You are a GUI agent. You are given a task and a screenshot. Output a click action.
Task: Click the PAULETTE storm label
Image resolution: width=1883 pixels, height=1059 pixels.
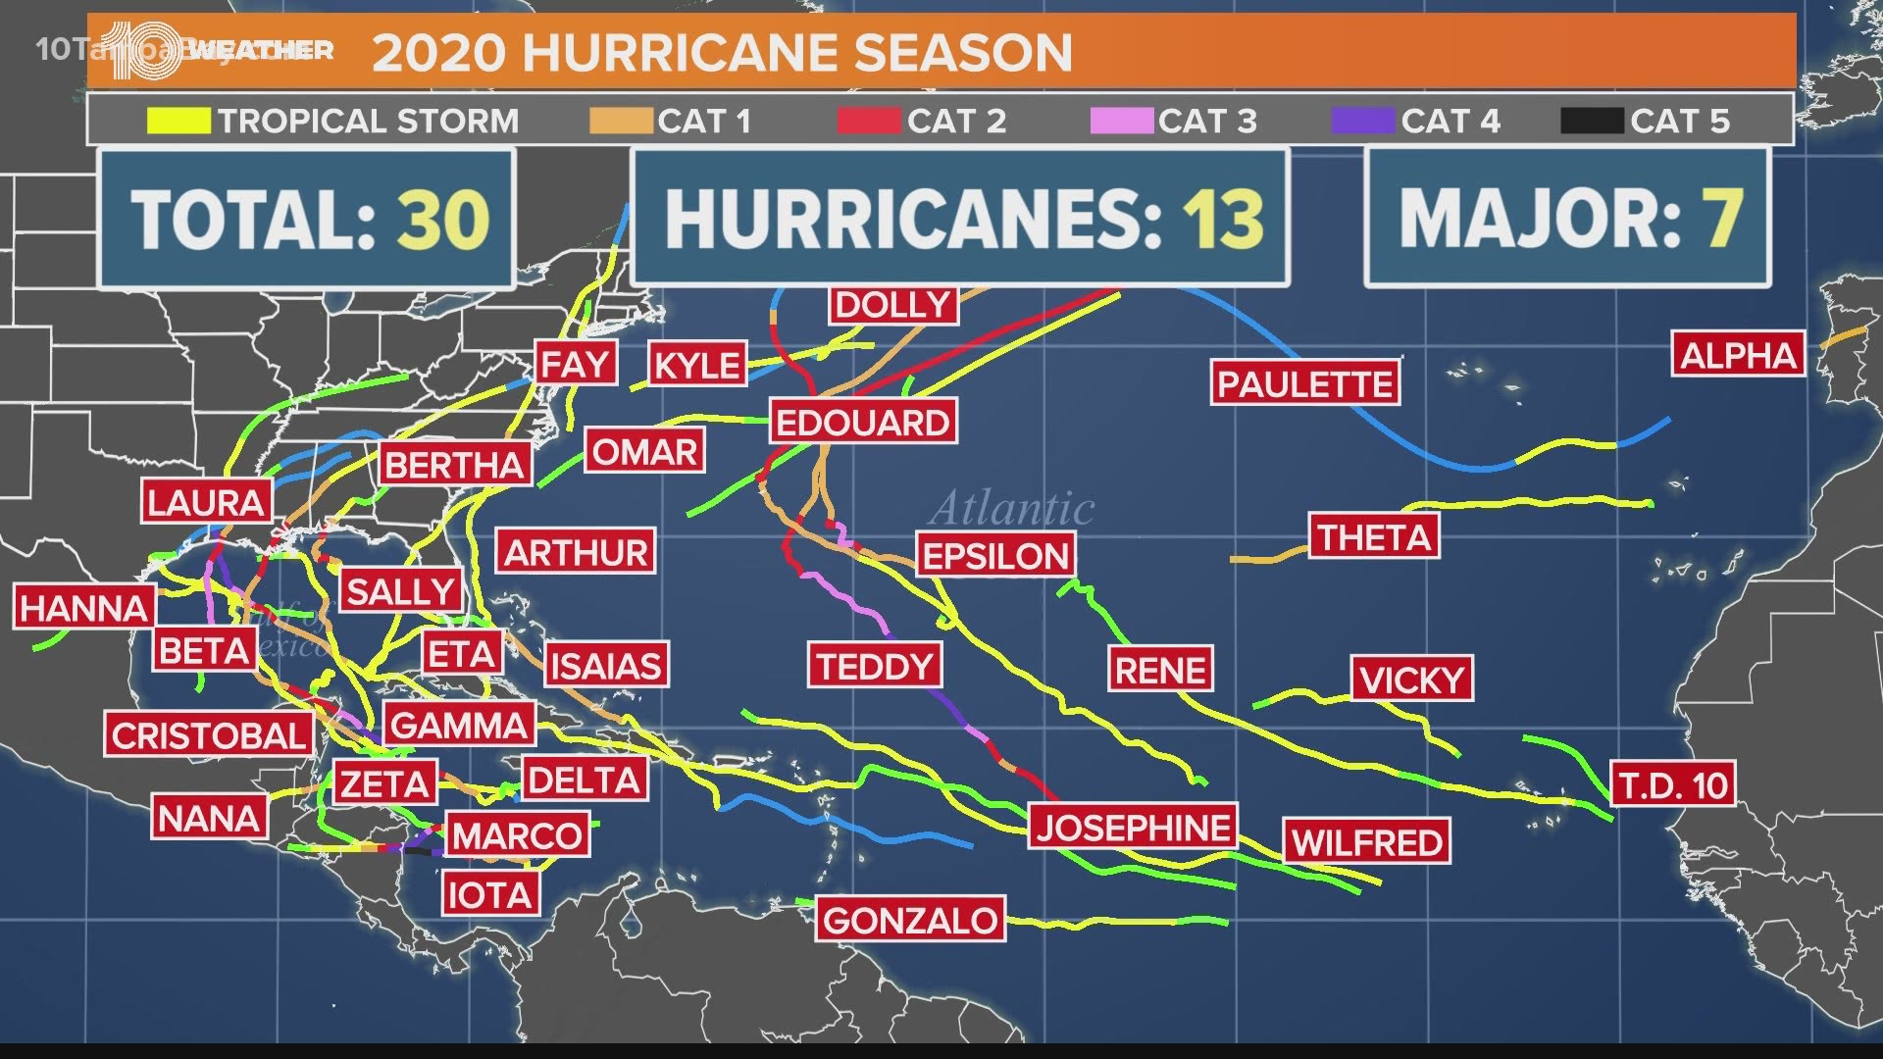tap(1304, 383)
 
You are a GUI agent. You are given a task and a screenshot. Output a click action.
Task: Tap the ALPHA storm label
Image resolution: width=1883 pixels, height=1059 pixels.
tap(1738, 355)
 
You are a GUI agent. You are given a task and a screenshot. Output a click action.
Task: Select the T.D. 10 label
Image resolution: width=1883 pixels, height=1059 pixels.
tap(1673, 784)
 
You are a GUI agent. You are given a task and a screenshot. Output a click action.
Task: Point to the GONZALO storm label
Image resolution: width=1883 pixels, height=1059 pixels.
tap(910, 920)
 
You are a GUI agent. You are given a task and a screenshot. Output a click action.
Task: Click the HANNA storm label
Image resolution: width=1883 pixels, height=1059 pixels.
tap(84, 608)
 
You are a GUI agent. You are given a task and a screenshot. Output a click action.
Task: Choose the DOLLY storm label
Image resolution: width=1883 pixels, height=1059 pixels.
tap(892, 305)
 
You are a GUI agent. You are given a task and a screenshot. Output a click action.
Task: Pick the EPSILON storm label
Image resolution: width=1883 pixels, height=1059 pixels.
tap(995, 556)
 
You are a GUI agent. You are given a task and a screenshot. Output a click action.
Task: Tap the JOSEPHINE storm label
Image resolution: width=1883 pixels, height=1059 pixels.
tap(1134, 828)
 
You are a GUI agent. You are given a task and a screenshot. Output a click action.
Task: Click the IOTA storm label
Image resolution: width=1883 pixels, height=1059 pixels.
tap(489, 894)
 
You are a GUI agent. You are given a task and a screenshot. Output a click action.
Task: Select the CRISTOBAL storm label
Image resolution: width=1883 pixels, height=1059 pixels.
tap(209, 735)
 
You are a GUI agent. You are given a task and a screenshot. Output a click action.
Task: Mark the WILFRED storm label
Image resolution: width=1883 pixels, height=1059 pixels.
tap(1366, 842)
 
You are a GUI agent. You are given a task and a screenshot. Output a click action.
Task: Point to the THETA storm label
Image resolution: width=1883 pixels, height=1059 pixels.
tap(1374, 537)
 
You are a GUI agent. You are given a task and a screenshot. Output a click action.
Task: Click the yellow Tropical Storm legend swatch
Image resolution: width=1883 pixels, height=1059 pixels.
tap(178, 121)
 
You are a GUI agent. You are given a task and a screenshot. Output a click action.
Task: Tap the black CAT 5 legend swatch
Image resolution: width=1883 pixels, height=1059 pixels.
tap(1592, 121)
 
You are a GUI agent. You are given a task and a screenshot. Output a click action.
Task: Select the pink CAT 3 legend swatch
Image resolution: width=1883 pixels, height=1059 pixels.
tap(1121, 121)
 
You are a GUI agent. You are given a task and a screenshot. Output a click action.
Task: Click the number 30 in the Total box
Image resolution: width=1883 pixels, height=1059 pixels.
tap(442, 219)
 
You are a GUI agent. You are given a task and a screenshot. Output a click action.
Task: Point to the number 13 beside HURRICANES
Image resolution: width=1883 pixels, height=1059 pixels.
tap(1223, 219)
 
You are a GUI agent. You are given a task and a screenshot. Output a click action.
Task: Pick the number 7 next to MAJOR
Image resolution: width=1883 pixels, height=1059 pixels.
tap(1723, 219)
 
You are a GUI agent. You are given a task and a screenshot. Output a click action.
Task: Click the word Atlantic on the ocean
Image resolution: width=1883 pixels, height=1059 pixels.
tap(1012, 508)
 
